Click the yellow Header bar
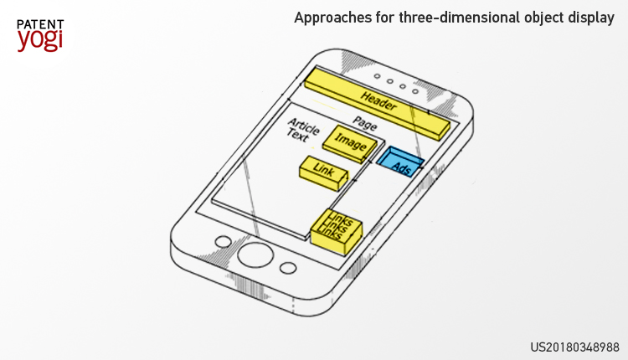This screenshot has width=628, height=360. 378,104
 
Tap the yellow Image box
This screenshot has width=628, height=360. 350,144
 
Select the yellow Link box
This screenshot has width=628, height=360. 323,173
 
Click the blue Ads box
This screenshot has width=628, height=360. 400,162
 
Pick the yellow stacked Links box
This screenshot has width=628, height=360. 337,231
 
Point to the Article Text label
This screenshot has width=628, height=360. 303,130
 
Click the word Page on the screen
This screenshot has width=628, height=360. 364,123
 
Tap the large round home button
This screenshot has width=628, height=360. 255,255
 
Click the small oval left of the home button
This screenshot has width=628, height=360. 223,242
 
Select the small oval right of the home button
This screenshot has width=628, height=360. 288,268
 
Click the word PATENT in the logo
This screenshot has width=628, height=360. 40,25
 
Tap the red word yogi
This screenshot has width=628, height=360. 40,39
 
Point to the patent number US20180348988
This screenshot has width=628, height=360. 574,347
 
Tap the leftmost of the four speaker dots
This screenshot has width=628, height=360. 377,76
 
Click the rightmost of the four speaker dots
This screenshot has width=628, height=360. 415,91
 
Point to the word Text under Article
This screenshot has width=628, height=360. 297,136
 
